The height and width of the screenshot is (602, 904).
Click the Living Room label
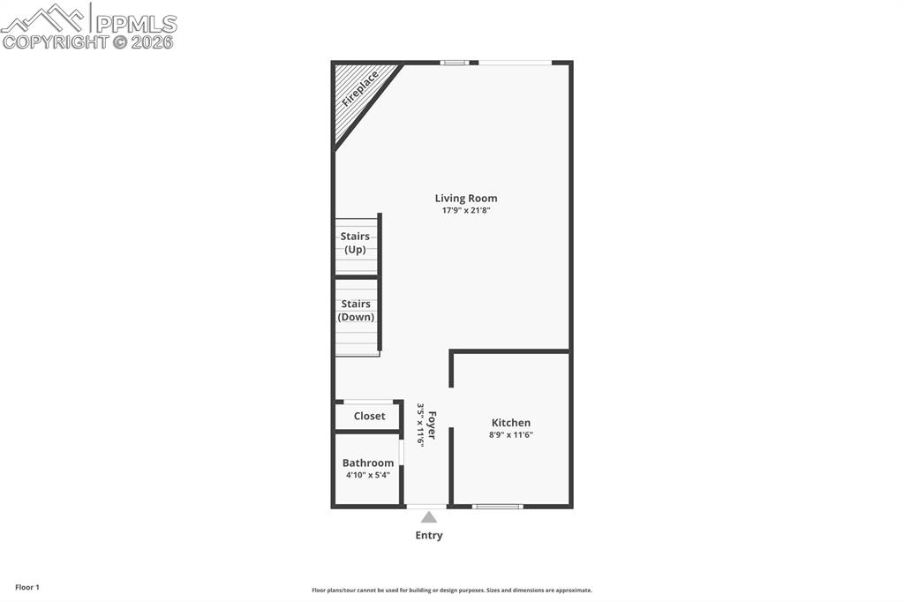(x=465, y=199)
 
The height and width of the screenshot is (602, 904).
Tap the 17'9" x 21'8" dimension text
(x=465, y=211)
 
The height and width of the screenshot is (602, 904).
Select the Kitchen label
(x=510, y=423)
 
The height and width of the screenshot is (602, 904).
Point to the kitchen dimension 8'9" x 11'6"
(x=510, y=435)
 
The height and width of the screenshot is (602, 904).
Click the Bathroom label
(x=368, y=463)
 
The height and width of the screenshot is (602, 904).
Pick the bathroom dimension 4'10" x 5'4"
(x=368, y=475)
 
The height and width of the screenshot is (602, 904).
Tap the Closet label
(x=369, y=416)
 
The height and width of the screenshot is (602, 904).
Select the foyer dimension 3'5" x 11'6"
(x=421, y=425)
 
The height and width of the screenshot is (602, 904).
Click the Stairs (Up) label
(x=355, y=243)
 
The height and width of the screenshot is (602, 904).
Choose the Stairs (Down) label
(x=356, y=311)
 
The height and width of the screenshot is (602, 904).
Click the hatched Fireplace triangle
(x=358, y=93)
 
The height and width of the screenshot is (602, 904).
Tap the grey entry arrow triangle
(x=428, y=517)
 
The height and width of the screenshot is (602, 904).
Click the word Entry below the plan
(x=429, y=536)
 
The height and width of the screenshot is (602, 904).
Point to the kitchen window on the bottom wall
(x=497, y=506)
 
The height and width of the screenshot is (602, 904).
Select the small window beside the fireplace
(x=454, y=63)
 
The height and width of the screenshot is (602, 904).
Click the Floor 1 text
(x=27, y=587)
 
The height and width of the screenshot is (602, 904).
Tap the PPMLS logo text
(x=136, y=23)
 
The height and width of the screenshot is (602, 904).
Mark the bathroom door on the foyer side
(x=401, y=452)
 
